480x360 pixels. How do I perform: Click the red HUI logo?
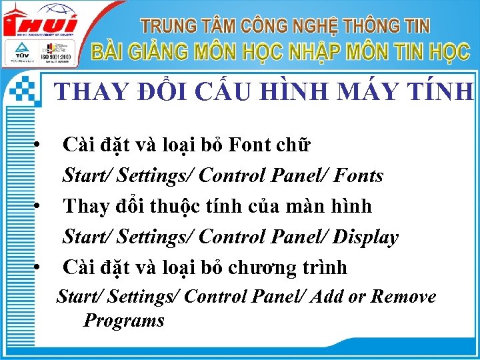pos(40,23)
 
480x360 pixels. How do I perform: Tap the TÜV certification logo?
pos(18,52)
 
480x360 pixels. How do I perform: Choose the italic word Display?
pos(366,237)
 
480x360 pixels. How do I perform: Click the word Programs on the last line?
pos(123,321)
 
